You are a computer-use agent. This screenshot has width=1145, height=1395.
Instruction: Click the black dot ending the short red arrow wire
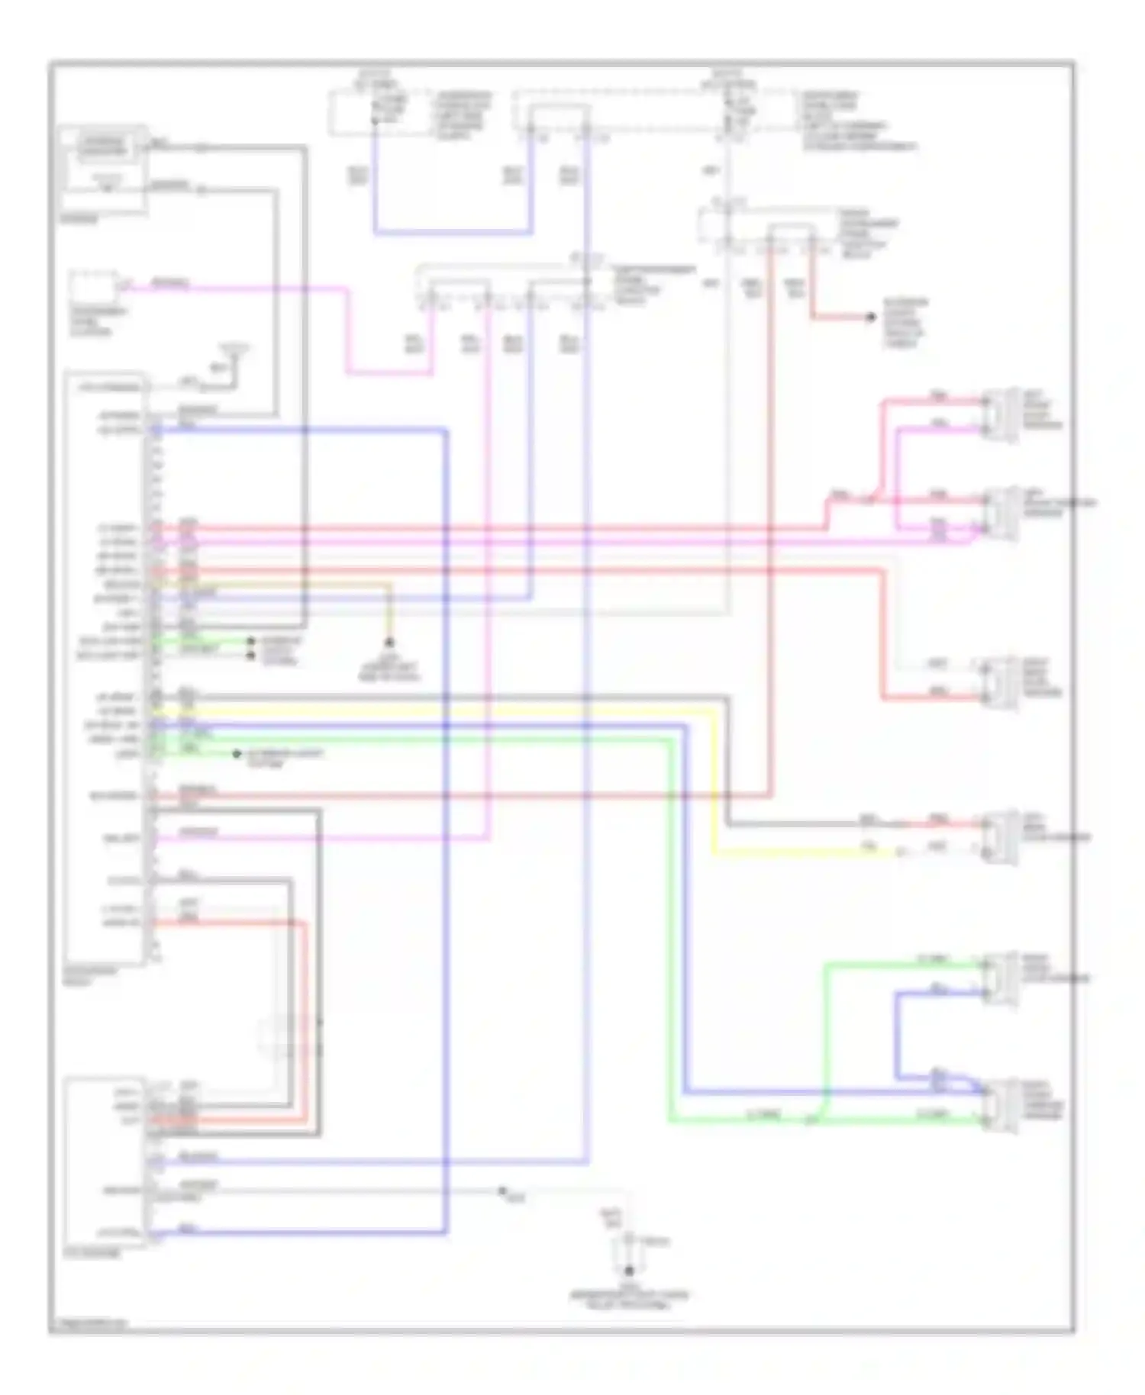pyautogui.click(x=870, y=317)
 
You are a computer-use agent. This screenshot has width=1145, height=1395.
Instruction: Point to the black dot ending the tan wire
pyautogui.click(x=389, y=643)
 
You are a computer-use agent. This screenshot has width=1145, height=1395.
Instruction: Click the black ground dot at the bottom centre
pyautogui.click(x=629, y=1271)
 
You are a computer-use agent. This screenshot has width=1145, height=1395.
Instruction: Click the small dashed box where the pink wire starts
pyautogui.click(x=94, y=288)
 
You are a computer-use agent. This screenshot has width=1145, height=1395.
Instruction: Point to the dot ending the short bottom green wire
pyautogui.click(x=237, y=754)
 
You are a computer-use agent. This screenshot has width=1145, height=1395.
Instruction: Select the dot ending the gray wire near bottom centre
pyautogui.click(x=503, y=1190)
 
